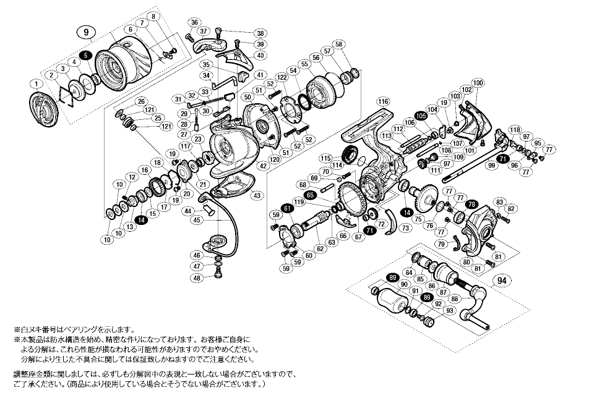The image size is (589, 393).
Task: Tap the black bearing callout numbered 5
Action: (x=85, y=56)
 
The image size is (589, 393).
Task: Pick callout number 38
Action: (x=260, y=33)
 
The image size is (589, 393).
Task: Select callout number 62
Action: (x=320, y=249)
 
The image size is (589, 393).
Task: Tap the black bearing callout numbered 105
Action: (x=421, y=116)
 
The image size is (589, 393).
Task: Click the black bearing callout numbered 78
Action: (x=472, y=204)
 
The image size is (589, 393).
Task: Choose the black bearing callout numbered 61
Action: (x=287, y=209)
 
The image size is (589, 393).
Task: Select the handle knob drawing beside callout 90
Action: (x=390, y=303)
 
